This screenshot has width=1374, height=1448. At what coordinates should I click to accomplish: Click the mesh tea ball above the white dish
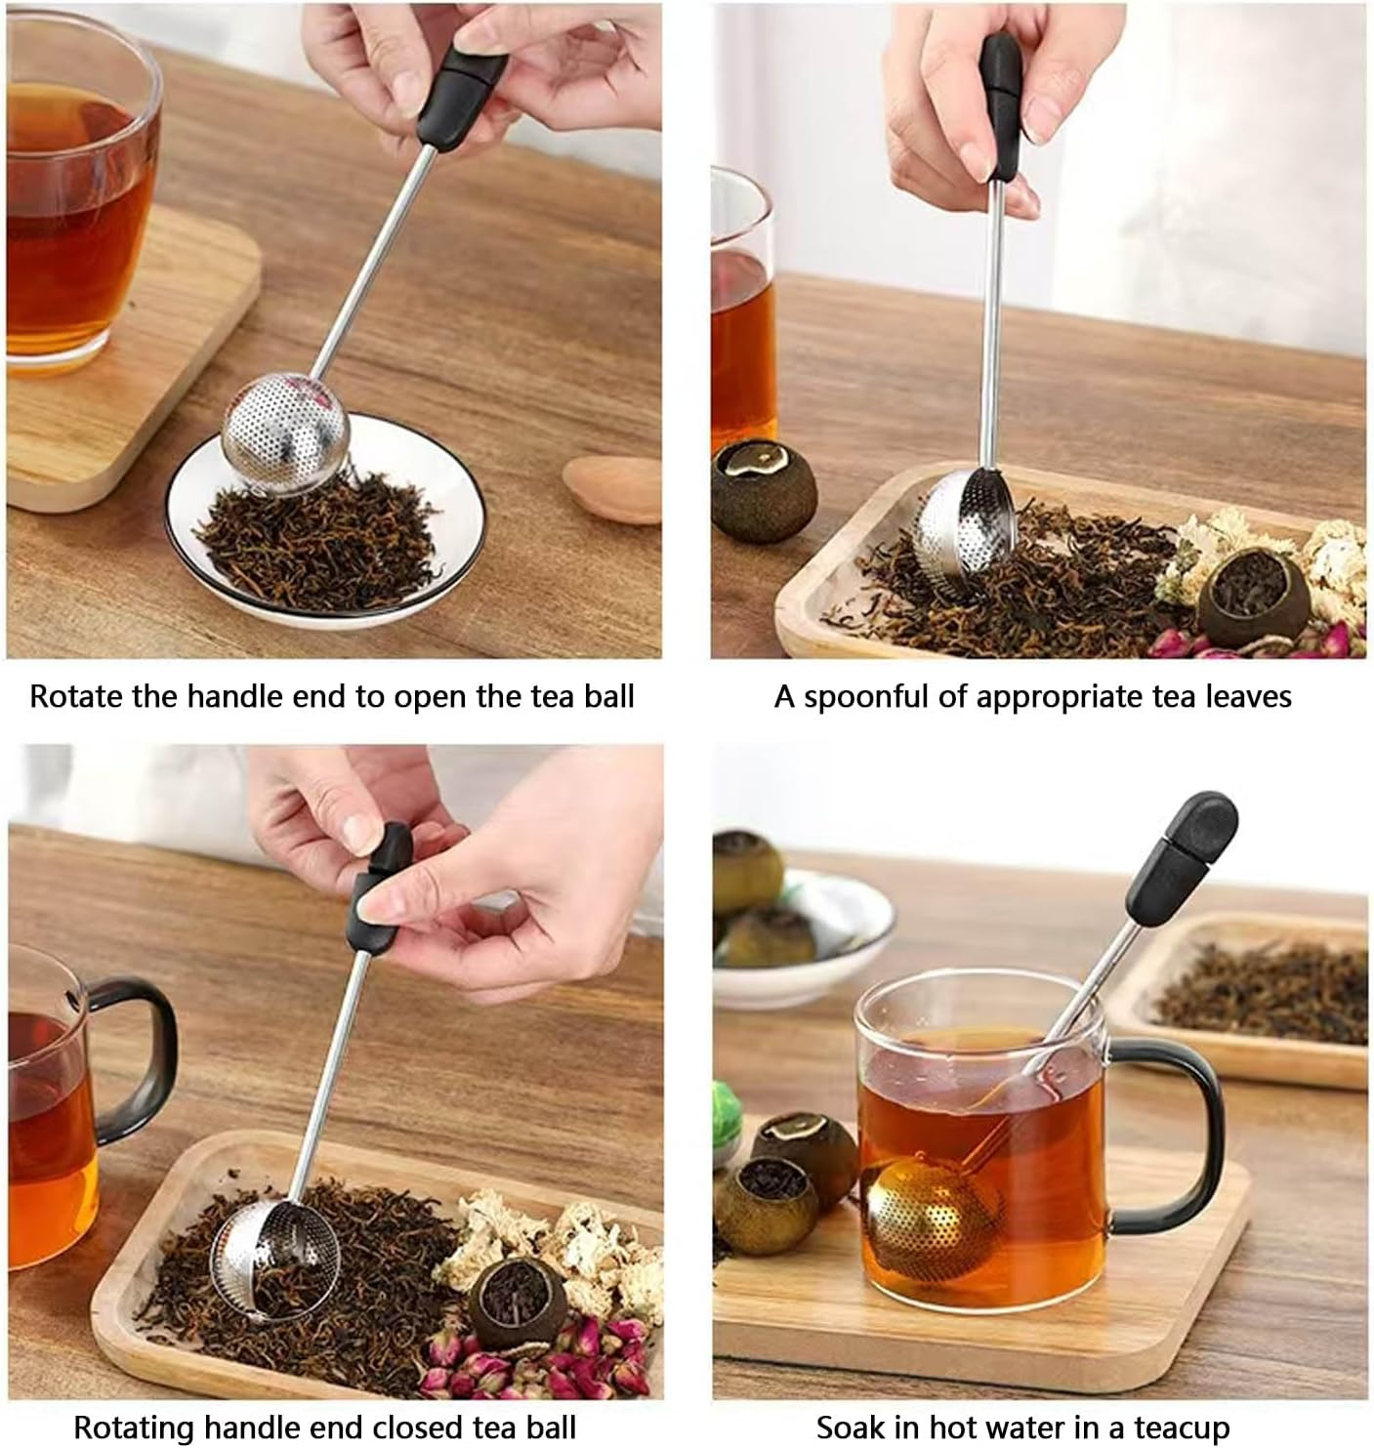point(284,435)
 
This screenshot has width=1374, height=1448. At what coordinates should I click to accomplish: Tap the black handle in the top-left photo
point(461,98)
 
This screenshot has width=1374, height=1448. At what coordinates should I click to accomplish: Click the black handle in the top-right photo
point(1001,107)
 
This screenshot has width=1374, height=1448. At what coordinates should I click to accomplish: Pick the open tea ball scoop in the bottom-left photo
point(275,1260)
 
